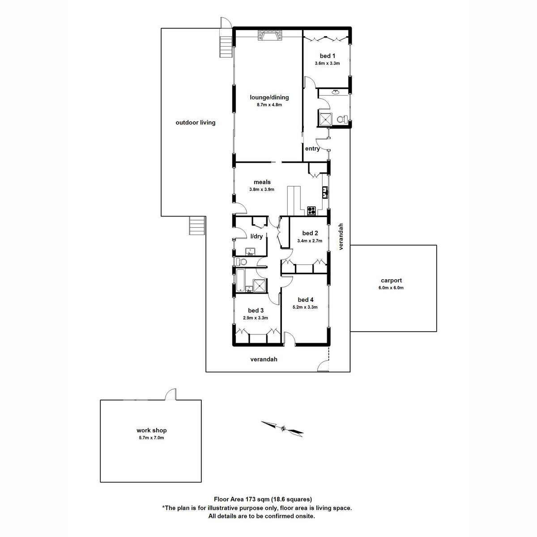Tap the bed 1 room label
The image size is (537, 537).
pyautogui.click(x=327, y=56)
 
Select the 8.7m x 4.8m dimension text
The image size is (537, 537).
pyautogui.click(x=269, y=105)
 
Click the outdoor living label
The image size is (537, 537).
pyautogui.click(x=195, y=122)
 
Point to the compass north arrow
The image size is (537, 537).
pyautogui.click(x=282, y=428)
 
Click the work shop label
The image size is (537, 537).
pyautogui.click(x=151, y=430)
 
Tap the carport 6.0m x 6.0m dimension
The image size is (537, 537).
pyautogui.click(x=391, y=288)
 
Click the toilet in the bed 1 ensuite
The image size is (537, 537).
pyautogui.click(x=341, y=119)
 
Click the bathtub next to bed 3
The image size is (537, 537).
pyautogui.click(x=240, y=280)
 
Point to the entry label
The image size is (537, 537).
pyautogui.click(x=312, y=149)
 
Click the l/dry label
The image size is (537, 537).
pyautogui.click(x=256, y=236)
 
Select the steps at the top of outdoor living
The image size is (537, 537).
pyautogui.click(x=226, y=47)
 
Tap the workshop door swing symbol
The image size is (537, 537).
pyautogui.click(x=171, y=394)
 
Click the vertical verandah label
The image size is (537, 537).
pyautogui.click(x=341, y=236)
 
